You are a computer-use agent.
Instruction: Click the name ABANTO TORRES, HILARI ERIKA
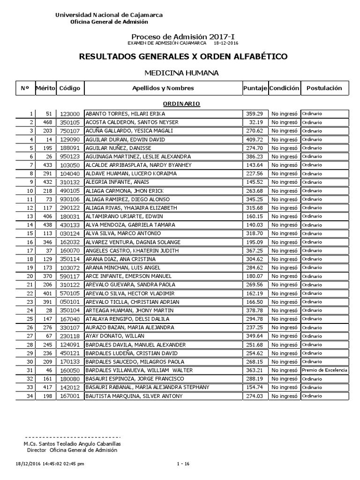click(x=125, y=114)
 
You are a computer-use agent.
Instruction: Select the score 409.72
click(x=255, y=140)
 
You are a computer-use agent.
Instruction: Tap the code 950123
click(x=69, y=157)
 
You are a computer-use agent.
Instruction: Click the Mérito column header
click(x=45, y=88)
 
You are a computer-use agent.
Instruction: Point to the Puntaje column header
click(x=255, y=88)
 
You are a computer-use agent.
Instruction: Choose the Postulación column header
click(x=324, y=88)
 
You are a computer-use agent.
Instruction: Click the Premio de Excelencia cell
click(x=324, y=370)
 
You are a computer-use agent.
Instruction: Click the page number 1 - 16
click(x=184, y=464)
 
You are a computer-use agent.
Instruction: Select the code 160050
click(x=69, y=370)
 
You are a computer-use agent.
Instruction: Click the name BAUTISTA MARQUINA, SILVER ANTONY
click(x=127, y=397)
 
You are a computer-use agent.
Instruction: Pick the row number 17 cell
click(x=31, y=251)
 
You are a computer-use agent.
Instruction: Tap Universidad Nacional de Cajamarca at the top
click(x=109, y=15)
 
